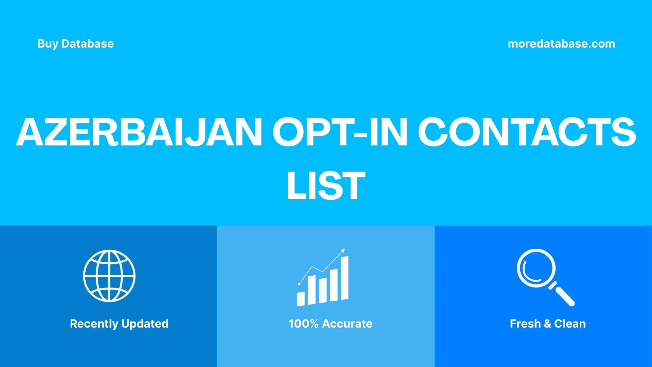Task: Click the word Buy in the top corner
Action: coord(48,44)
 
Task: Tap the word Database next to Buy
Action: coord(87,44)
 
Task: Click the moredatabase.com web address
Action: coord(561,44)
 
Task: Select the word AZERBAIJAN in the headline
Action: coord(139,132)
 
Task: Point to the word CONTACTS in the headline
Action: coord(526,132)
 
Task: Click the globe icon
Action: coord(109,276)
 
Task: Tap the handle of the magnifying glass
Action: coord(564,296)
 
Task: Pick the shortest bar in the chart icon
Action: coord(301,299)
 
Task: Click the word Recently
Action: coord(94,324)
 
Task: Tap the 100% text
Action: coord(303,324)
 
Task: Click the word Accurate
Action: coord(347,324)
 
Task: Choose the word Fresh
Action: coord(525,324)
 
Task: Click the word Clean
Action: coord(570,324)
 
